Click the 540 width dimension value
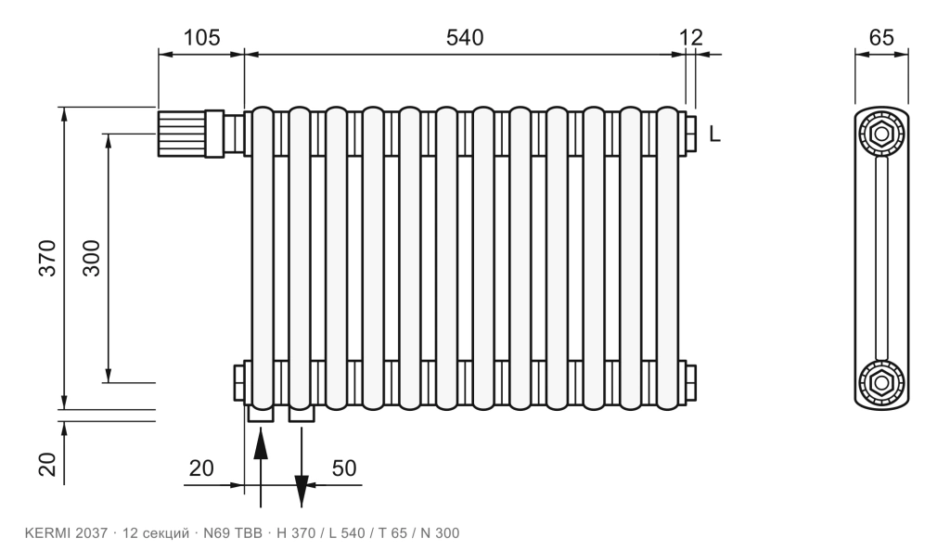point(465,37)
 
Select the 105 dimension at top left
point(201,37)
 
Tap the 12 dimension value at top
point(690,37)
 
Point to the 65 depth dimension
point(881,37)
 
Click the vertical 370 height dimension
point(47,259)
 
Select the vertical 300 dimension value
point(91,259)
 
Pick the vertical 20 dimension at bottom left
point(47,465)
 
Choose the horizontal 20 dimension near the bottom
point(201,468)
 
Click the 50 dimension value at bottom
point(344,468)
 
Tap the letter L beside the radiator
point(715,134)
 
